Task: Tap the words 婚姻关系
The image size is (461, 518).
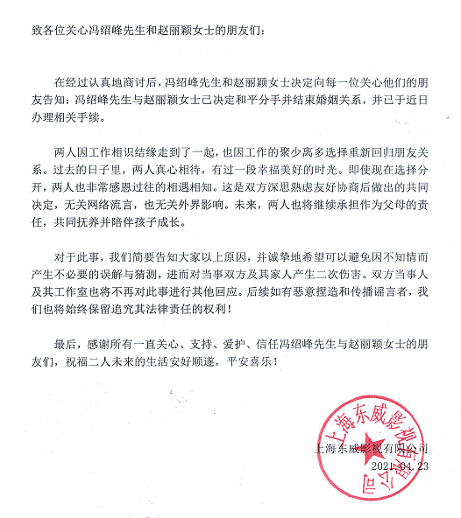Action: pos(361,101)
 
